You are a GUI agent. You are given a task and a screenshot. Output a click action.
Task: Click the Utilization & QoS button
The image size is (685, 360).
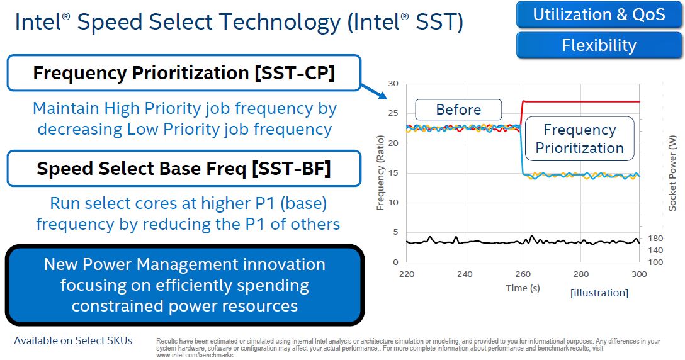tap(599, 15)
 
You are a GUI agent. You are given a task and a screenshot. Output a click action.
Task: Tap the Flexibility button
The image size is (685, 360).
tap(599, 45)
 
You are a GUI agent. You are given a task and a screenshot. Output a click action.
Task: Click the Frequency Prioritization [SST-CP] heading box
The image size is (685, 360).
tap(184, 73)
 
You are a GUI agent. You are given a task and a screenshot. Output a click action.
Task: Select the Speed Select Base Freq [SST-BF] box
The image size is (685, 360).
tap(184, 169)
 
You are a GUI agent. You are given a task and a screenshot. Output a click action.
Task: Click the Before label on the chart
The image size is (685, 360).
tap(458, 110)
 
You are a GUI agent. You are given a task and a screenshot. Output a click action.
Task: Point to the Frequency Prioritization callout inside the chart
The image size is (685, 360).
tap(579, 138)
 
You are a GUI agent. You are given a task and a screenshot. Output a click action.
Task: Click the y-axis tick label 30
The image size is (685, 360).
tap(393, 84)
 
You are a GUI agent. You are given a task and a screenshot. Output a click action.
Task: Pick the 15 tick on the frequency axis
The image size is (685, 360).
tap(393, 173)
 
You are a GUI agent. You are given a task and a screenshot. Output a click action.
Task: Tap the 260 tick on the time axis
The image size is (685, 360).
tap(523, 274)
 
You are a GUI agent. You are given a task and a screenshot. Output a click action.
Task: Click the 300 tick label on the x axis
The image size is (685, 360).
tap(639, 274)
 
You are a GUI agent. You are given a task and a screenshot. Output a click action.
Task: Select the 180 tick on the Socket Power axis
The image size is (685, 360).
tap(655, 239)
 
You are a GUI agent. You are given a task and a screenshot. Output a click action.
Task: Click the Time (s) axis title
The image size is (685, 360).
tap(523, 288)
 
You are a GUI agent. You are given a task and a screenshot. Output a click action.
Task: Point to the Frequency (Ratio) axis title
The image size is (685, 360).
tap(380, 173)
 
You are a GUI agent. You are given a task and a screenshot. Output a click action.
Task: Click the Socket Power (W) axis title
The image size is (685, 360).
tap(672, 173)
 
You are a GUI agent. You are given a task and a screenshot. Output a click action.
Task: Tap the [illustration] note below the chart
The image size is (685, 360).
tap(599, 293)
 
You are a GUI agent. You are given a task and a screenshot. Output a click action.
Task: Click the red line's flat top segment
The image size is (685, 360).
tap(581, 102)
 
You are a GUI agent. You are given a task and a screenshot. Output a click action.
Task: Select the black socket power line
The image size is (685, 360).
tap(523, 240)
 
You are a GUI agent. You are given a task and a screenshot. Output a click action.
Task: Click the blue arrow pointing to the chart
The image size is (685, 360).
tap(375, 91)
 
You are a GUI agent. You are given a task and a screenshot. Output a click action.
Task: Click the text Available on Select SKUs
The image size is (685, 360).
tap(73, 340)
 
